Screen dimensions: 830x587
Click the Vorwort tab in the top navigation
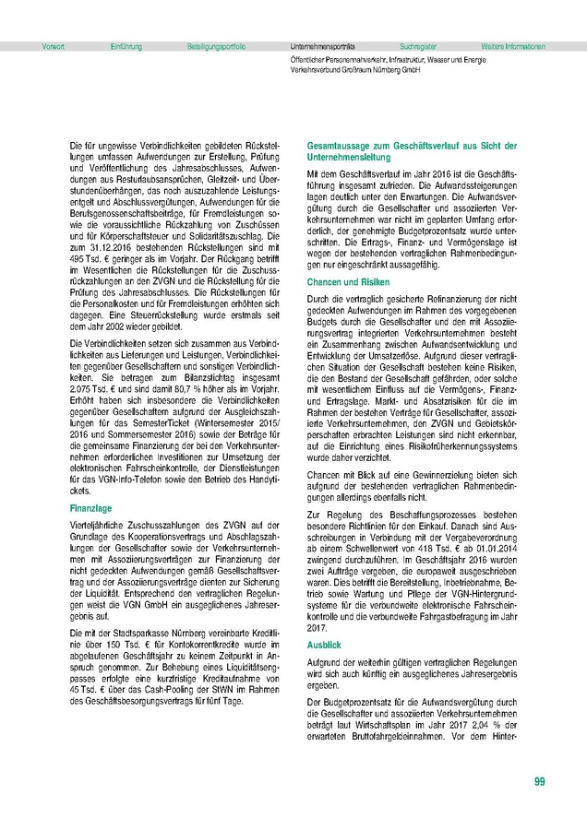tap(54, 45)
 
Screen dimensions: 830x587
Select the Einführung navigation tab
tap(126, 45)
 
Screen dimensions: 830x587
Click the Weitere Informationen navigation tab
tap(513, 45)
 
